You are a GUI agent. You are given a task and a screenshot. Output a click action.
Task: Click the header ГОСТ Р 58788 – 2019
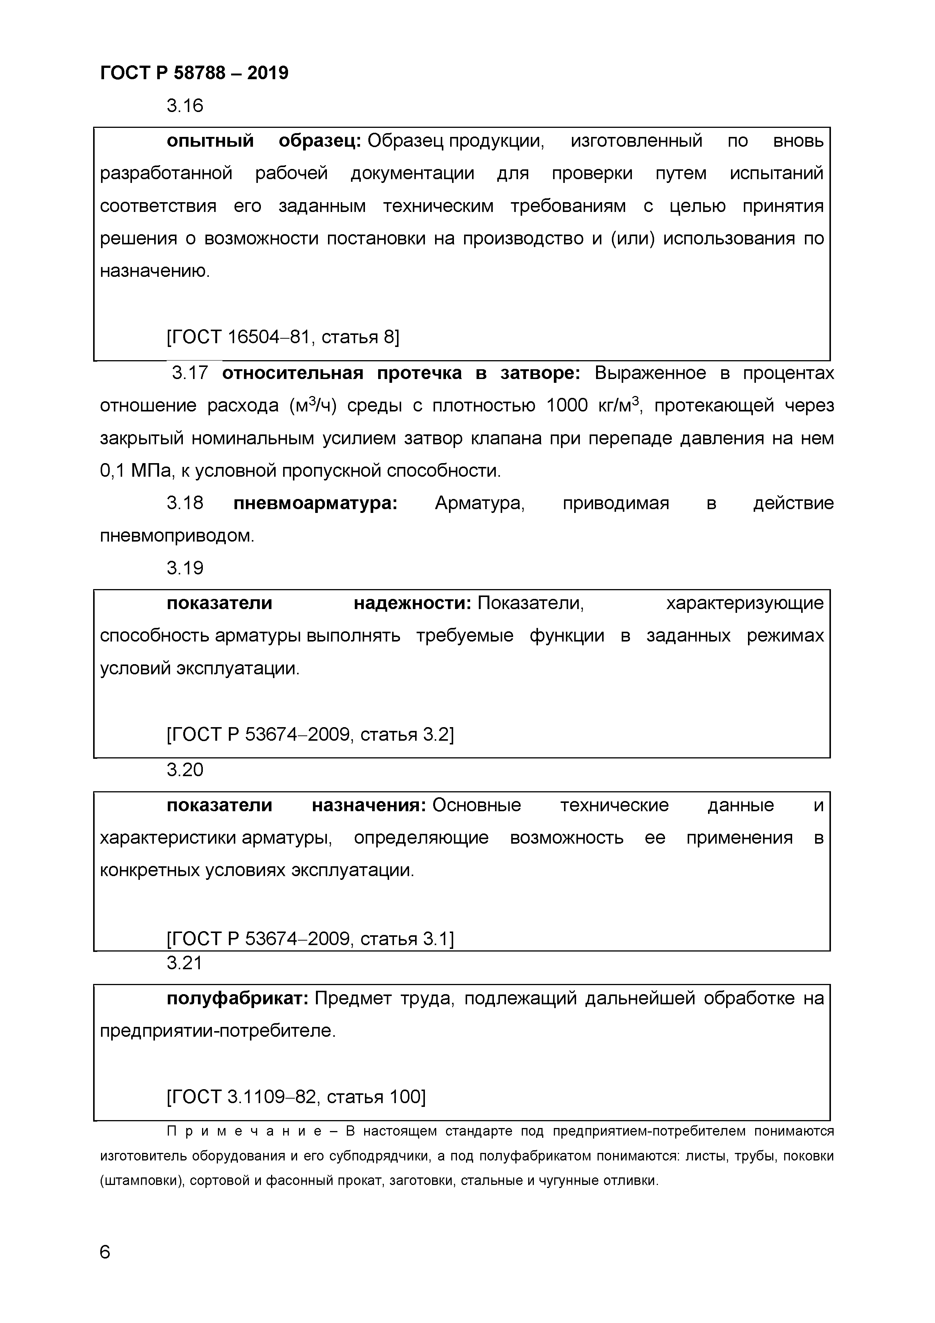[x=194, y=73]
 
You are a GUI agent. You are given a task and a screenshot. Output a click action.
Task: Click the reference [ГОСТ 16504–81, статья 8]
[x=282, y=336]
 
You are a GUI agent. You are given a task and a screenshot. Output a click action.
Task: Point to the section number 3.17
[x=190, y=373]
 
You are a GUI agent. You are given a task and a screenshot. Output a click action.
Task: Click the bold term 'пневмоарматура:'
[x=315, y=503]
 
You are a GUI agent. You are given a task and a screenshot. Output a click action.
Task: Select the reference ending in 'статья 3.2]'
[x=310, y=735]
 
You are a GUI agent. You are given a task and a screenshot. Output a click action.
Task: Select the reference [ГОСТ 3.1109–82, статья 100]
[x=296, y=1097]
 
